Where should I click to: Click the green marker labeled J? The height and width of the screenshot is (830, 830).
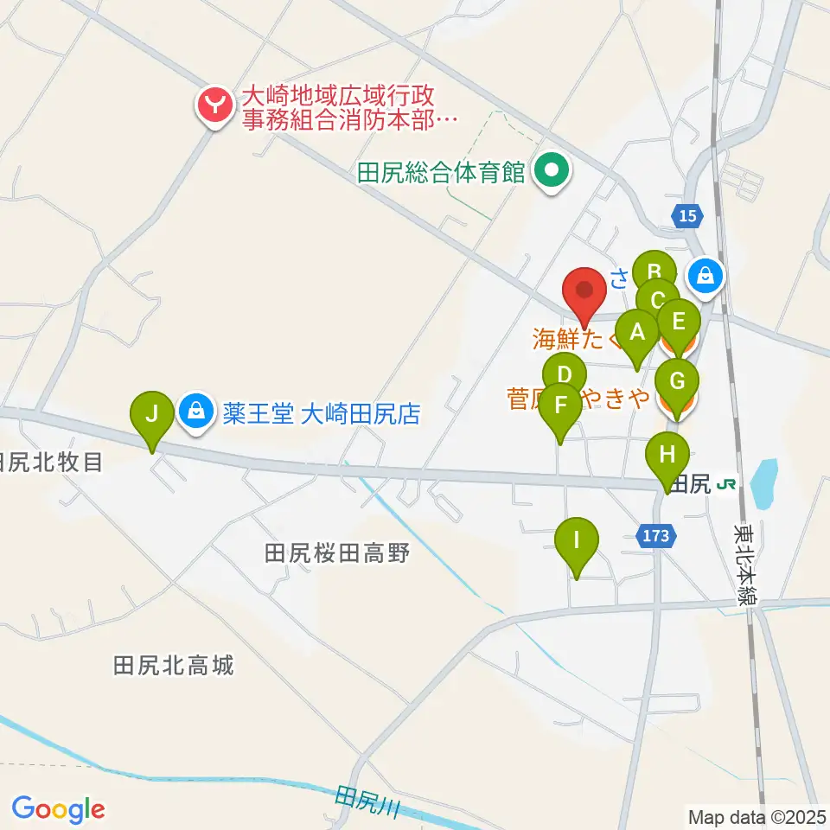[x=152, y=412]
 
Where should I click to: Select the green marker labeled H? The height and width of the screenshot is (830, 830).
[x=668, y=455]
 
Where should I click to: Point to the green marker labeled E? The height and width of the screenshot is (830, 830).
[x=679, y=322]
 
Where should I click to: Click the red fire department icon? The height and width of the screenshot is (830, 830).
[x=213, y=106]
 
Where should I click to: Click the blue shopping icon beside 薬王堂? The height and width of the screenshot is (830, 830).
[x=197, y=412]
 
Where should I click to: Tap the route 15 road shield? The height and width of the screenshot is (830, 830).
[x=687, y=217]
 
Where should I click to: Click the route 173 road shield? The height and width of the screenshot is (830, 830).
[x=656, y=536]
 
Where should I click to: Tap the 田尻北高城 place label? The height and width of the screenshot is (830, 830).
[x=174, y=666]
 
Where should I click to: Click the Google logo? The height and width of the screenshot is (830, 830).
[x=58, y=809]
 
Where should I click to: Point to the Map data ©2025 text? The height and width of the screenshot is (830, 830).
[x=757, y=815]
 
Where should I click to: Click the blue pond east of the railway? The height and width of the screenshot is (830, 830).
[x=764, y=483]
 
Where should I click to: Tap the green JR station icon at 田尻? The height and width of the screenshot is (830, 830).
[x=728, y=484]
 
